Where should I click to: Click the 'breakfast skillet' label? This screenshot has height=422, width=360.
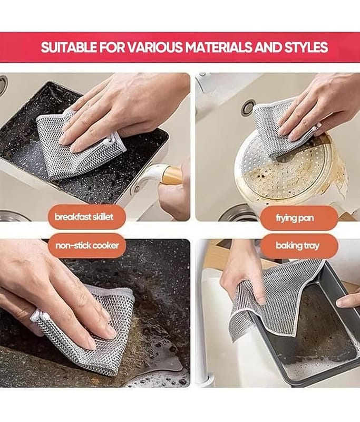click(x=84, y=217)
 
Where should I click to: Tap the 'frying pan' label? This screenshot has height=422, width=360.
click(x=295, y=217)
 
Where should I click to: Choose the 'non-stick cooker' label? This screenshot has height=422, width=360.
click(x=87, y=245)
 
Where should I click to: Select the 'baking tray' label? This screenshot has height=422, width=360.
click(x=297, y=245)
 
